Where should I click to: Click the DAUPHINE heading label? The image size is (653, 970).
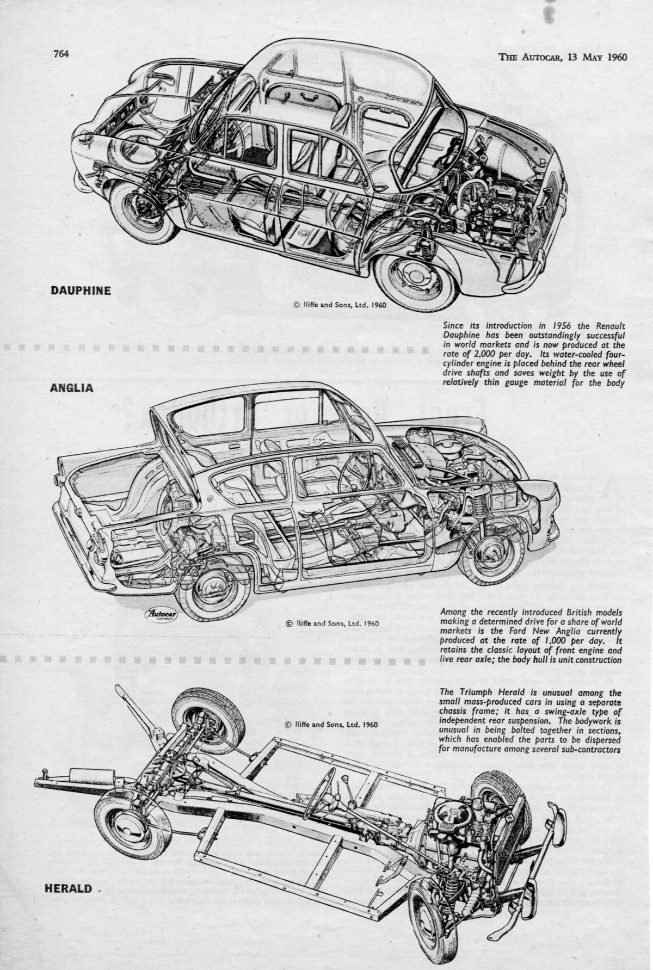[x=81, y=291]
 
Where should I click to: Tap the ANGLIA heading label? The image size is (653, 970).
[x=71, y=388]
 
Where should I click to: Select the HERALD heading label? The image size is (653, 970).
[x=68, y=888]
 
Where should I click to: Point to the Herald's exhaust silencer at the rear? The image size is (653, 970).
[x=85, y=776]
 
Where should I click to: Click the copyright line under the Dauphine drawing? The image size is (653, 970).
[x=340, y=305]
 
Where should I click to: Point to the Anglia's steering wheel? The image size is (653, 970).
[x=354, y=472]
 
